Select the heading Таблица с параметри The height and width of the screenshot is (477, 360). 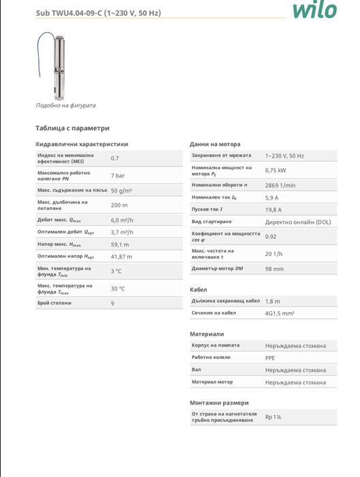(x=72, y=128)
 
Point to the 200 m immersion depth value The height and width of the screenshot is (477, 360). (x=119, y=205)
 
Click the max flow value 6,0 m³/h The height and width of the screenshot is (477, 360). (x=122, y=220)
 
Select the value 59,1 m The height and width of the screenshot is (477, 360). (x=121, y=244)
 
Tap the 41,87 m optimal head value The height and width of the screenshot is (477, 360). (x=122, y=256)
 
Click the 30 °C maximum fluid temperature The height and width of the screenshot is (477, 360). (x=118, y=288)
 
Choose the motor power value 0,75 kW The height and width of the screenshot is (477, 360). (x=275, y=171)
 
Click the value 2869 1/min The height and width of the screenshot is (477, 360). (x=280, y=185)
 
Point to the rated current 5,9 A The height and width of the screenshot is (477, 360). (x=272, y=197)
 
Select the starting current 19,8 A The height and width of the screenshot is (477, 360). (x=273, y=209)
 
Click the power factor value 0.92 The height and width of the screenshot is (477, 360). (x=271, y=236)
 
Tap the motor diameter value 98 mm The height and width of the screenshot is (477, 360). (x=274, y=269)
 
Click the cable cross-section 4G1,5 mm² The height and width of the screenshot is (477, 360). (x=280, y=313)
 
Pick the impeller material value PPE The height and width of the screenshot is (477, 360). (x=270, y=358)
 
